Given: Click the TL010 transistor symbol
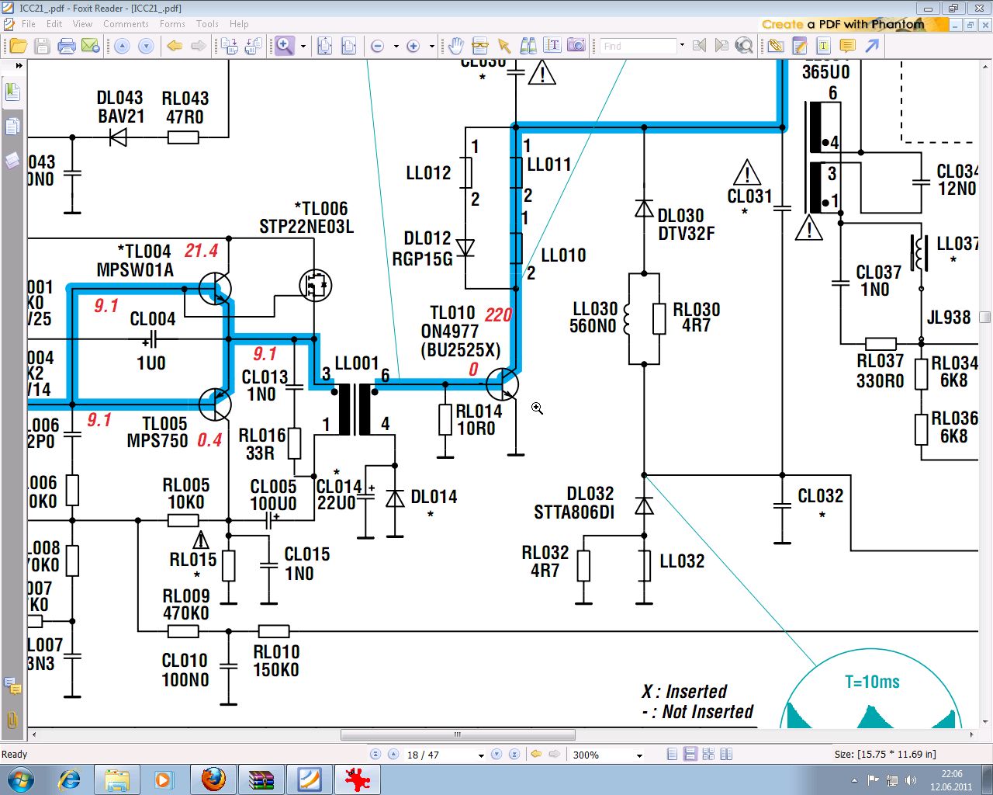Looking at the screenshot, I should click(503, 384).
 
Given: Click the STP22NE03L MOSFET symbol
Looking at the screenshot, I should click(315, 286).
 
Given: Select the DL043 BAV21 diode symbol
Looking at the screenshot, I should click(119, 137).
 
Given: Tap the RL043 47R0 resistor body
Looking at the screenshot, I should click(183, 137).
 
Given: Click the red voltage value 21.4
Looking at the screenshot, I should click(201, 251).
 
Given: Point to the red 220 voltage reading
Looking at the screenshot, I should click(498, 314).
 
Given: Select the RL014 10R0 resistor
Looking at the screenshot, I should click(445, 419).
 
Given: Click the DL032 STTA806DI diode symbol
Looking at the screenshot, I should click(644, 506).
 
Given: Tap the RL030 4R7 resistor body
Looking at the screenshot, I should click(659, 318).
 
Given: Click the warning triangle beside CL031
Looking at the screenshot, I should click(746, 172).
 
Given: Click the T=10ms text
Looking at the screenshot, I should click(872, 682).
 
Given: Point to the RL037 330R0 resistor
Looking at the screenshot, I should click(881, 343).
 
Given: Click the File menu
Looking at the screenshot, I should click(29, 24).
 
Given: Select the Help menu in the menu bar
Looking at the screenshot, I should click(239, 24).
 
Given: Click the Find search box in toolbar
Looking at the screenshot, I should click(638, 47).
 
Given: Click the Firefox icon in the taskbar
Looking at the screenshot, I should click(213, 779).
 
